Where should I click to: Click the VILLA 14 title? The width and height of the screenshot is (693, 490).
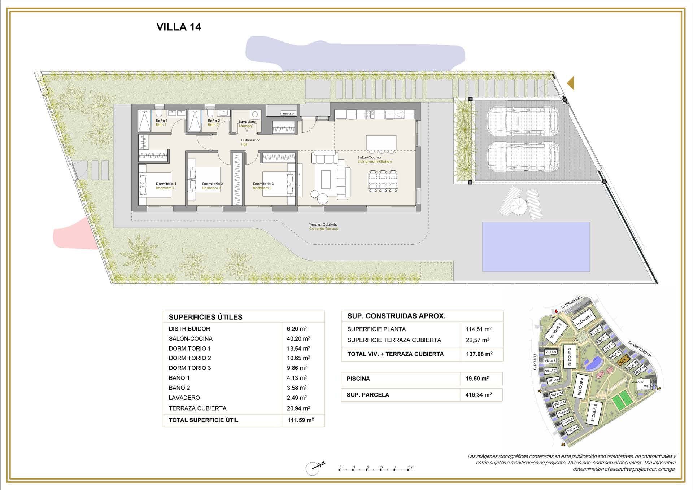[x=179, y=27]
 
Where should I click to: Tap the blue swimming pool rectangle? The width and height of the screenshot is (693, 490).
[x=536, y=247]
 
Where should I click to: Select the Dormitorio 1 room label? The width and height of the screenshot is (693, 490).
[x=166, y=184]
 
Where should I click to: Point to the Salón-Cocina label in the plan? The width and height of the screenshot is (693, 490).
[x=369, y=158]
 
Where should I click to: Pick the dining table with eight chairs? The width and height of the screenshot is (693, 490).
[x=383, y=181]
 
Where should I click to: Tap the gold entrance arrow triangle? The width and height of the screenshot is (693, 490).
[x=571, y=83]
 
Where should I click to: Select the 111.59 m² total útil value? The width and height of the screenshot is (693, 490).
[x=300, y=420]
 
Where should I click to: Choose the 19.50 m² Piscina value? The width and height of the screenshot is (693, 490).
[x=477, y=379]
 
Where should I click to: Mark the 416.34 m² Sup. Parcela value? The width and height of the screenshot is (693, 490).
[x=478, y=395]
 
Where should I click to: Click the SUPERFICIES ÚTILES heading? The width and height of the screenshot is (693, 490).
[x=205, y=317]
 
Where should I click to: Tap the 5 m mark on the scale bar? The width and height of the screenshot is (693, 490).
[x=409, y=468]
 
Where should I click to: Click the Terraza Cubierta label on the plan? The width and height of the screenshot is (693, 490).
[x=323, y=224]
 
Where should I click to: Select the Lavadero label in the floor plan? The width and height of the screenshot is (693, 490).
[x=247, y=122]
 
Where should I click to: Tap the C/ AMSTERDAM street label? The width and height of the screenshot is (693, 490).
[x=640, y=349]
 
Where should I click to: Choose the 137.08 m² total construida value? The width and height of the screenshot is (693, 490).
[x=479, y=354]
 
